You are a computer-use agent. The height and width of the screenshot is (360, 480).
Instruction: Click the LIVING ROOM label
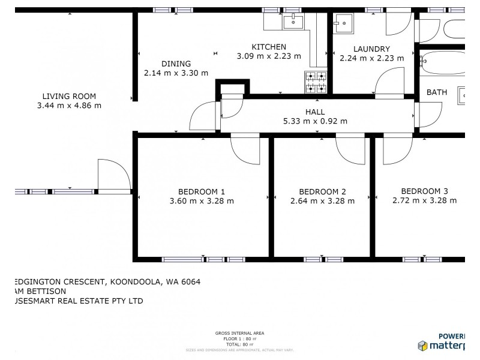tap(69, 96)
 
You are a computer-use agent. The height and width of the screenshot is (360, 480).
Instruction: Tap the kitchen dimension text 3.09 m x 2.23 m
tap(269, 56)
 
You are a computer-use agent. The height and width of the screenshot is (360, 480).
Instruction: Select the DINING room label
tap(176, 64)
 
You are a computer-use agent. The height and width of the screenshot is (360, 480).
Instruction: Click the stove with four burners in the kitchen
tap(316, 82)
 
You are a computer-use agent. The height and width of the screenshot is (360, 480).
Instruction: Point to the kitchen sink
tap(294, 23)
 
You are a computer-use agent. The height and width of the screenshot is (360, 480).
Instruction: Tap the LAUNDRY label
tap(371, 49)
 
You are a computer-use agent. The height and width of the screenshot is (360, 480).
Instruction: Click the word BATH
tap(437, 92)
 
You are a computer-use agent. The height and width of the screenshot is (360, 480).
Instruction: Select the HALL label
tap(315, 112)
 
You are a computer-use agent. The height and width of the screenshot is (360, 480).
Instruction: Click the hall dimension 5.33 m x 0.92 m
tap(315, 121)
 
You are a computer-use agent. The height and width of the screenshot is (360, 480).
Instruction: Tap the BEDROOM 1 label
tap(202, 191)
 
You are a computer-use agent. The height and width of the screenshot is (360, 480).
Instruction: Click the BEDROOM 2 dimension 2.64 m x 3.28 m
tap(322, 201)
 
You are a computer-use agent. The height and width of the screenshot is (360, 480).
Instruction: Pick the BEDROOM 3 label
tap(424, 191)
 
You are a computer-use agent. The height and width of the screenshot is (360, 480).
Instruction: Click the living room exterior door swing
tap(114, 174)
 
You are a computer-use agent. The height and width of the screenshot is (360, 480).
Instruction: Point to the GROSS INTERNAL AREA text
tap(239, 333)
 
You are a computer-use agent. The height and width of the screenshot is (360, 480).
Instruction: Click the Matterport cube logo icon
tap(422, 346)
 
